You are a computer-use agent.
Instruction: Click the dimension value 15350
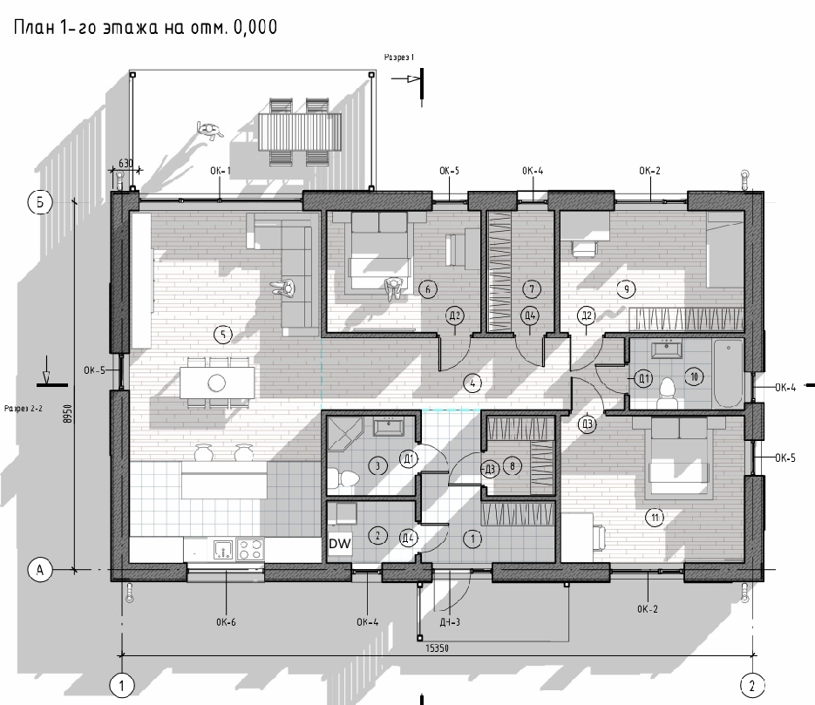[437, 647]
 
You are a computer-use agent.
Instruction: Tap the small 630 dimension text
[126, 163]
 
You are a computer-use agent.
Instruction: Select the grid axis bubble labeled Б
[40, 202]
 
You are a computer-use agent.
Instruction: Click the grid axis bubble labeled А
[40, 570]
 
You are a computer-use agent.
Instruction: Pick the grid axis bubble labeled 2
[752, 686]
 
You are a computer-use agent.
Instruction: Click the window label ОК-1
[221, 171]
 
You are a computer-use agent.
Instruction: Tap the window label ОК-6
[226, 622]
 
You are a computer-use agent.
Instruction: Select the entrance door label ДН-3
[450, 622]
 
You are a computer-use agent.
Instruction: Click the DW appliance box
[340, 544]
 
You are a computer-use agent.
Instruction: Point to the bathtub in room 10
[728, 374]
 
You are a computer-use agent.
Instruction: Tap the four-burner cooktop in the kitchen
[250, 549]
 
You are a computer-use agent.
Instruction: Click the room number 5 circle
[223, 335]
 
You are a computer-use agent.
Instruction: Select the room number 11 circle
[655, 517]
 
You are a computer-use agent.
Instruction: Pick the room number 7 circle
[531, 288]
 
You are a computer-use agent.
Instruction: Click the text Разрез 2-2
[24, 409]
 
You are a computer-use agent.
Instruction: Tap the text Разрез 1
[399, 58]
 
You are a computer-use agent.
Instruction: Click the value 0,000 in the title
[255, 27]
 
